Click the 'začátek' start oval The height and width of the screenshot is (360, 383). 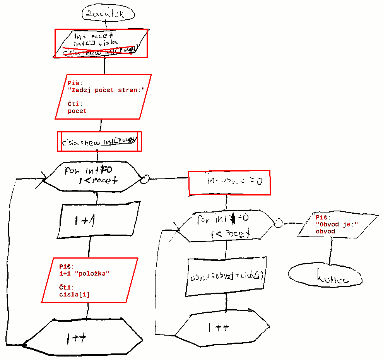pos(108,14)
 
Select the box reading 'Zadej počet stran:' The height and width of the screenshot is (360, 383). pos(103,97)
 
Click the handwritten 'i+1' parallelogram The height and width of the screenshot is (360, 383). pos(99,219)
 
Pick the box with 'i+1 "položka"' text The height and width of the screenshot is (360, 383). pos(89,280)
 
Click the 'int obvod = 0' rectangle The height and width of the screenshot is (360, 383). pos(229,182)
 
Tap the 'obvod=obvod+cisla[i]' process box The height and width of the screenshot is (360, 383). pos(227,276)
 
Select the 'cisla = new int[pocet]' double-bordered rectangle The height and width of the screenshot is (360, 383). pos(100,142)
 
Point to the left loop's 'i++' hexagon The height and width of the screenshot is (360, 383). pos(84,337)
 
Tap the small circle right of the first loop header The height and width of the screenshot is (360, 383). pos(145,179)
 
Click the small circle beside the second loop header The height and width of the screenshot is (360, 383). pos(278,223)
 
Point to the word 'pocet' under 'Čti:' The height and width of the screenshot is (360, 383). pos(77,111)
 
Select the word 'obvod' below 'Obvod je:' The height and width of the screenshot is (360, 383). pos(325,231)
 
